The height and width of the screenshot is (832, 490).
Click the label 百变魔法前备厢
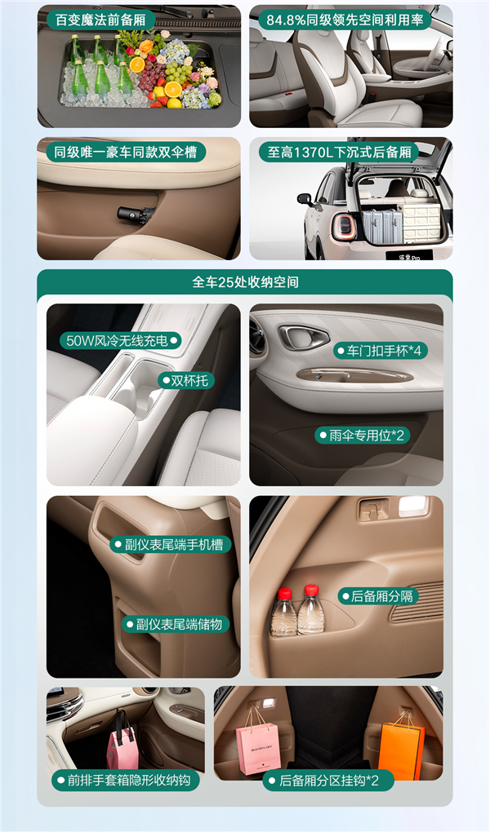point(100,20)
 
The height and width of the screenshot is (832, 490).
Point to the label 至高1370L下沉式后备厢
point(338,152)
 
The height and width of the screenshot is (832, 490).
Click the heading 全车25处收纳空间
point(245,282)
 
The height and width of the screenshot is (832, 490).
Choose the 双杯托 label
point(188,380)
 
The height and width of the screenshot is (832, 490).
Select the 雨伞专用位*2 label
point(363,435)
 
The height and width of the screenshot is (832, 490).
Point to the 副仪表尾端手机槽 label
point(171,544)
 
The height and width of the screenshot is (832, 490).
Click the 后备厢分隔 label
point(379,596)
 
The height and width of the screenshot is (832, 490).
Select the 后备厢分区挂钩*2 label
point(328,780)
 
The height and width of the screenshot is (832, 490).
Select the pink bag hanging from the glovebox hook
point(123,744)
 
